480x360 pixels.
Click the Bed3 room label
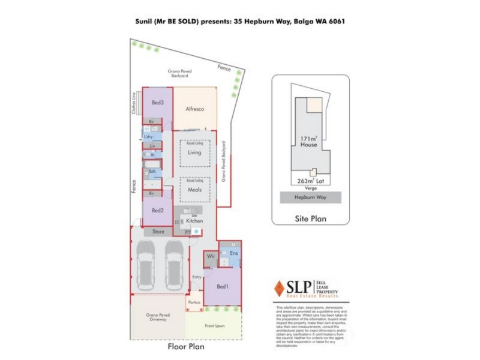[x=158, y=103]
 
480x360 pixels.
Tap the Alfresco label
[x=196, y=109]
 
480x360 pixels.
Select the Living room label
[x=194, y=153]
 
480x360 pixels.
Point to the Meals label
[x=194, y=190]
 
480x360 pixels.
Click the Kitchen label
[x=194, y=221]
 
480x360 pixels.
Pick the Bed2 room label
[x=158, y=211]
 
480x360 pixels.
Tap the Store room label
[x=158, y=231]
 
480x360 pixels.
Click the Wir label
[x=211, y=257]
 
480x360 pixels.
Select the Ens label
[x=234, y=254]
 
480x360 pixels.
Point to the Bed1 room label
[x=223, y=287]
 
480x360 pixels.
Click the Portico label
[x=194, y=302]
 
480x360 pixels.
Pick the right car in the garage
[x=174, y=265]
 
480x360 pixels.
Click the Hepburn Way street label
[x=310, y=197]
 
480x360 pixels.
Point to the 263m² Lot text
[x=310, y=180]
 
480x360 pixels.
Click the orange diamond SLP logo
[x=279, y=289]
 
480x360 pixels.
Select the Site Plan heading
[x=310, y=218]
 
